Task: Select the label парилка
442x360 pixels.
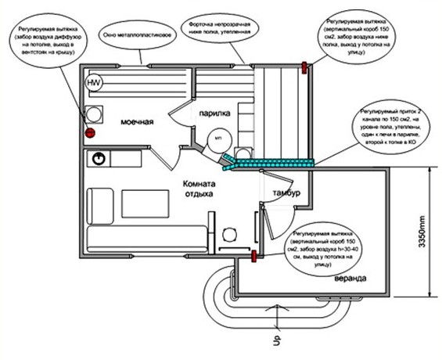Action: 213,113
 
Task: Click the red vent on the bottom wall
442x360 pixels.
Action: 254,254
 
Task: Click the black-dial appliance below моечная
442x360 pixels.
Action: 99,159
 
